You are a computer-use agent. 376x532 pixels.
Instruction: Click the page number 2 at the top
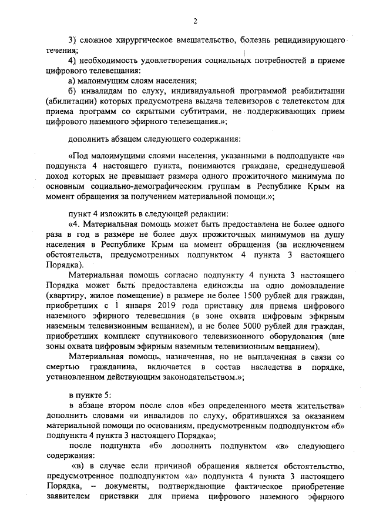point(194,22)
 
